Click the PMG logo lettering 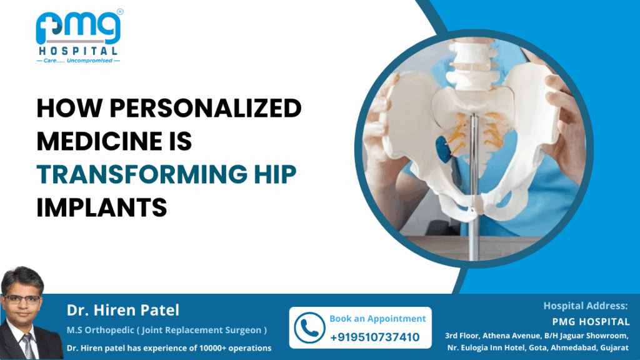[x=79, y=28]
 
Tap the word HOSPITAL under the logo [x=79, y=51]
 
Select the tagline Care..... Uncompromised [x=79, y=61]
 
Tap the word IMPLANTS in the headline [x=102, y=207]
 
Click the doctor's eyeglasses [x=24, y=298]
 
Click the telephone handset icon [x=309, y=327]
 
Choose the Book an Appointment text [x=377, y=319]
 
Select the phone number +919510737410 [x=374, y=337]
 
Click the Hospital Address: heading [x=586, y=306]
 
